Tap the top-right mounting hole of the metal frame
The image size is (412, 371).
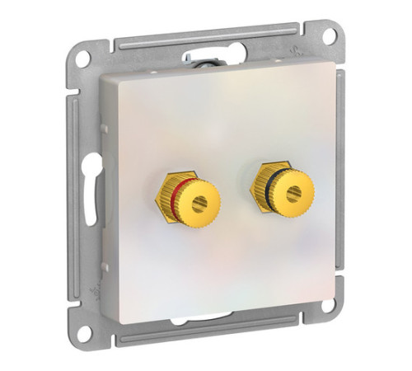(x=329, y=37)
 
